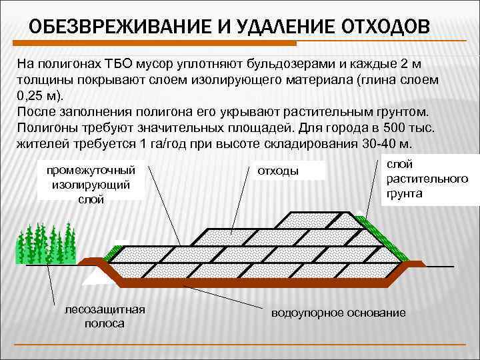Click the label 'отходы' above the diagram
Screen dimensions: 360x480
coord(278,171)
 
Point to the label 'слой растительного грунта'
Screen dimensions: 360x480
coord(422,179)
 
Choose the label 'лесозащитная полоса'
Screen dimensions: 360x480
coord(104,316)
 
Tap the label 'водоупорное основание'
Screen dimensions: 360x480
coord(338,313)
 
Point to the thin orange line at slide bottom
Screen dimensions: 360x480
coord(240,344)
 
